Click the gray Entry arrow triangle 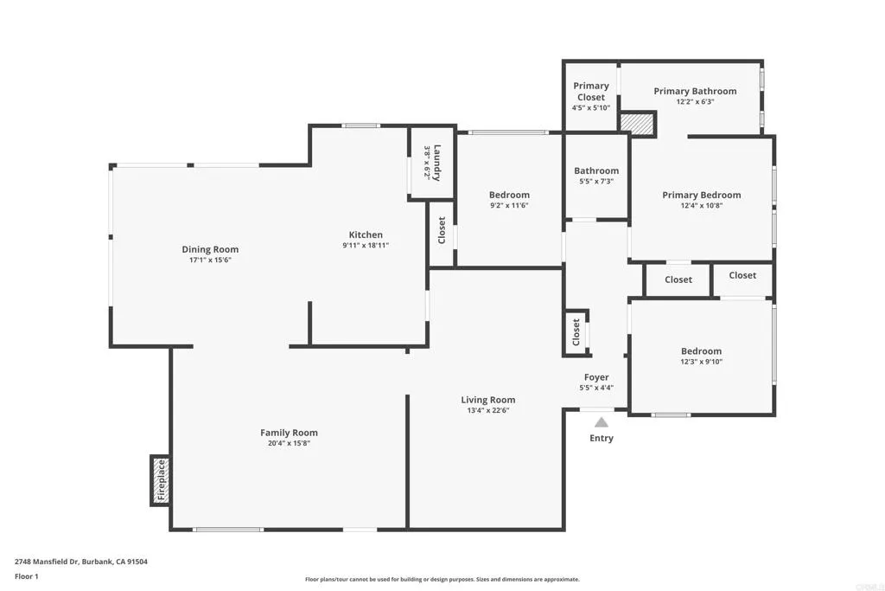coord(601,421)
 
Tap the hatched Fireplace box coord(160,480)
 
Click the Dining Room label coord(210,249)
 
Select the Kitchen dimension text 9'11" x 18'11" coord(366,246)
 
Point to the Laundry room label coord(437,162)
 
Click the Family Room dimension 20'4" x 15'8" coord(289,443)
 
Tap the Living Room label coord(488,400)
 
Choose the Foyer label coord(596,377)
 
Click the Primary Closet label coord(591,91)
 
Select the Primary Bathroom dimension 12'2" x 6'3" coord(695,101)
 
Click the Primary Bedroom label coord(701,195)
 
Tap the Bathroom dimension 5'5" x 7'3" coord(596,182)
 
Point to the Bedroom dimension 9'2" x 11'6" coord(509,206)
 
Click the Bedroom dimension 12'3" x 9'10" coord(701,362)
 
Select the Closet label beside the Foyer coord(576,331)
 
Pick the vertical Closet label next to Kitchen coord(442,230)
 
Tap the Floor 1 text coord(27,576)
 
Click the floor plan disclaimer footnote coord(442,580)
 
